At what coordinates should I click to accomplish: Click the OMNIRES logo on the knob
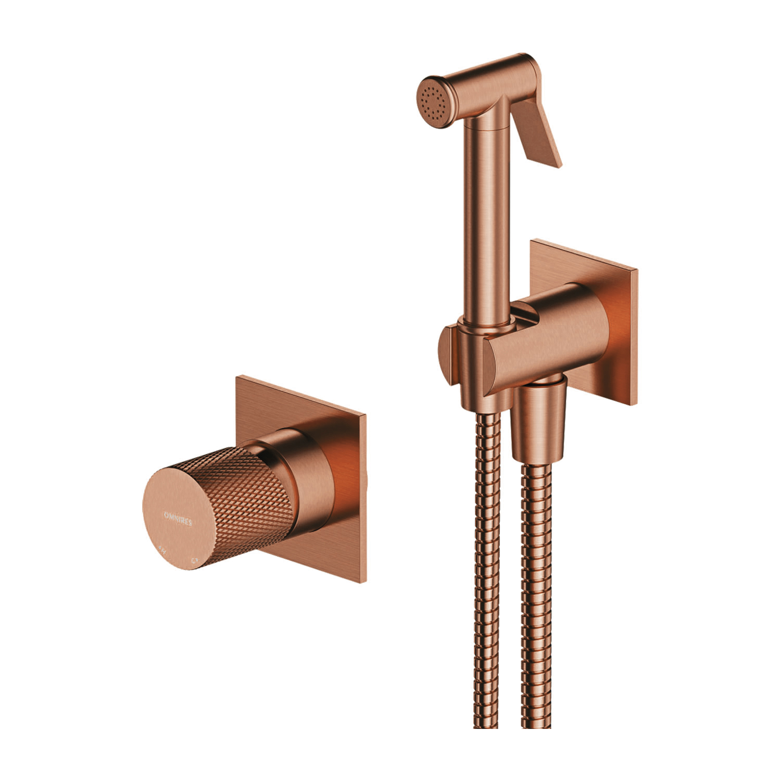178,518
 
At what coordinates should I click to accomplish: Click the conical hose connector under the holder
538,422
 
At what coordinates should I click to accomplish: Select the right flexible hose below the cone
536,599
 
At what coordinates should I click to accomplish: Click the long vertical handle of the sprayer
487,219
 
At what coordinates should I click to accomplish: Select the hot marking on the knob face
162,548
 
